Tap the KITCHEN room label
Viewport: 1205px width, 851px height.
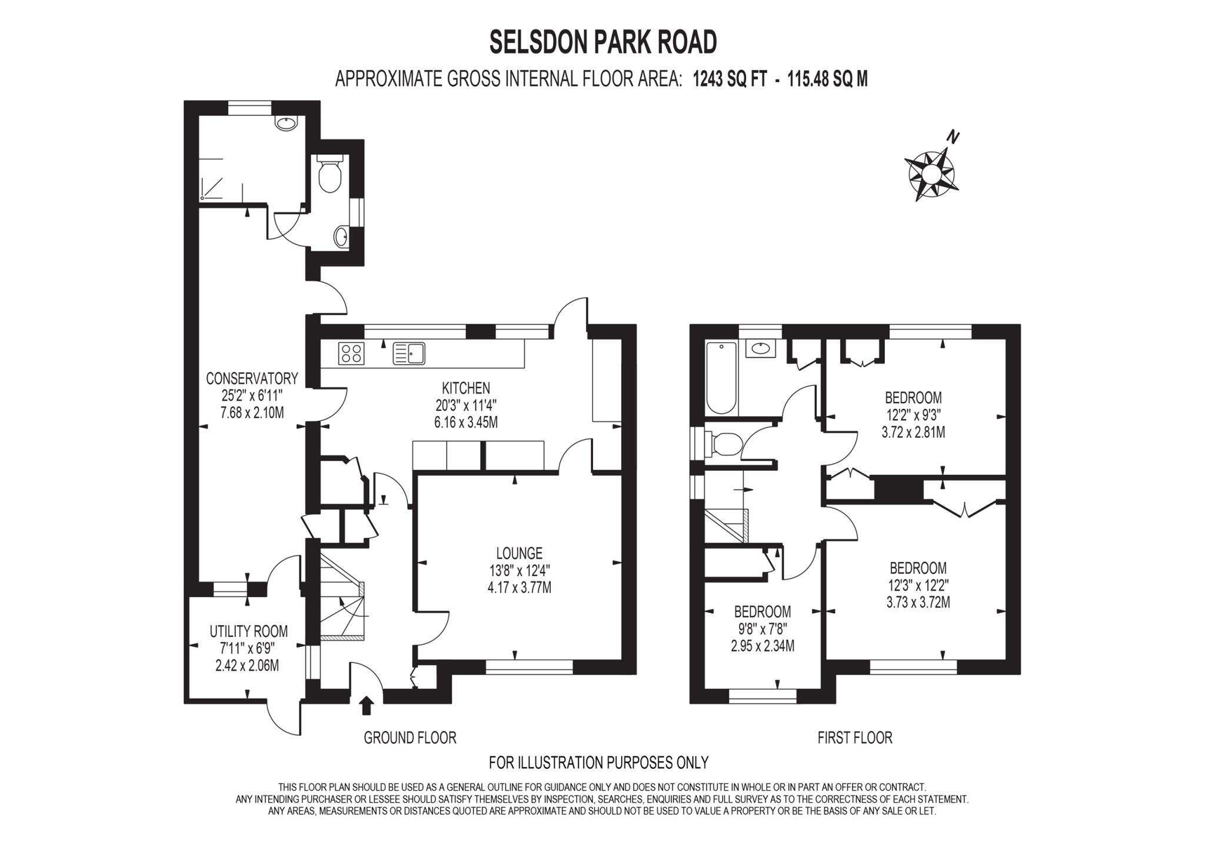[465, 388]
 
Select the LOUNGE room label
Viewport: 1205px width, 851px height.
[518, 553]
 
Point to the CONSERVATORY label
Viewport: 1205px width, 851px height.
[252, 378]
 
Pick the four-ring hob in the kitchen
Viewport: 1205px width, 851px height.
[351, 354]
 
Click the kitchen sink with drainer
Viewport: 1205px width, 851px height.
[409, 354]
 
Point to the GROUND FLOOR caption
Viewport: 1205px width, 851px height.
[410, 737]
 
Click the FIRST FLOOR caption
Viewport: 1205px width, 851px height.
[854, 737]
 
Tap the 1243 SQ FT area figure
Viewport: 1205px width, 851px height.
[730, 79]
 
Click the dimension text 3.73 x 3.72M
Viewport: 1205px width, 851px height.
[918, 603]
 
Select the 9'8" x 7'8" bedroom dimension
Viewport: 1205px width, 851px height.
[763, 629]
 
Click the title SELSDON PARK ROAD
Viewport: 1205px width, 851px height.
[603, 42]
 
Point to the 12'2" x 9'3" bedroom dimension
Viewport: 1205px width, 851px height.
[913, 415]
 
